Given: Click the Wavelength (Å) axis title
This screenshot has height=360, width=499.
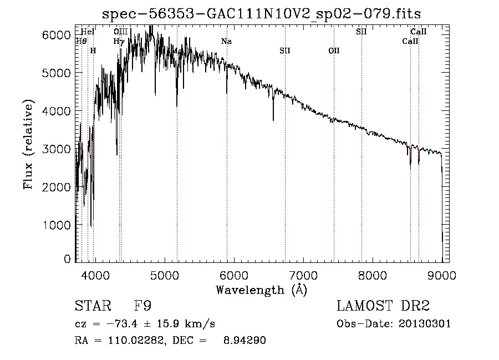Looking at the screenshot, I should click(261, 290).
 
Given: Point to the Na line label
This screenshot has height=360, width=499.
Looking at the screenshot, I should click(226, 42).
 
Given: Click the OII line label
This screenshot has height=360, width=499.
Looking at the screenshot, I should click(333, 50).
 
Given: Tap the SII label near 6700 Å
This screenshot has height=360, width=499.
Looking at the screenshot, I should click(284, 50).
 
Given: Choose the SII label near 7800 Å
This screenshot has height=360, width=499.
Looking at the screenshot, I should click(361, 32).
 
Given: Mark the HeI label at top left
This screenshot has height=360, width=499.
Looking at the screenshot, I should click(88, 32).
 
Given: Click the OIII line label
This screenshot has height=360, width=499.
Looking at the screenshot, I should click(120, 32).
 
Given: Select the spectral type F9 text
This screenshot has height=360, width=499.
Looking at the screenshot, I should click(143, 306).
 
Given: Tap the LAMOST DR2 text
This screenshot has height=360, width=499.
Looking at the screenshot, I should click(383, 306).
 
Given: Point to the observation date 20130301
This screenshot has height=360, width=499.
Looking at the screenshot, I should click(425, 323).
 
